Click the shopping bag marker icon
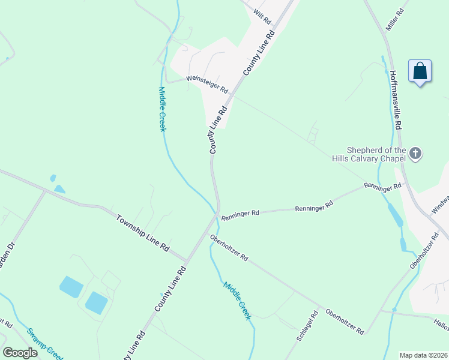(420, 71)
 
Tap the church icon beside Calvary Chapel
(415, 154)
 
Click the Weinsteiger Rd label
(207, 83)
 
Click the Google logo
(20, 353)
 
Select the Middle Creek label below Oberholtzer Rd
(237, 301)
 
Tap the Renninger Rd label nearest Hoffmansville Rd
(382, 187)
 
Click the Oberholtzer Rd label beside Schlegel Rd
(345, 322)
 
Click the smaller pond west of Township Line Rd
(53, 178)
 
